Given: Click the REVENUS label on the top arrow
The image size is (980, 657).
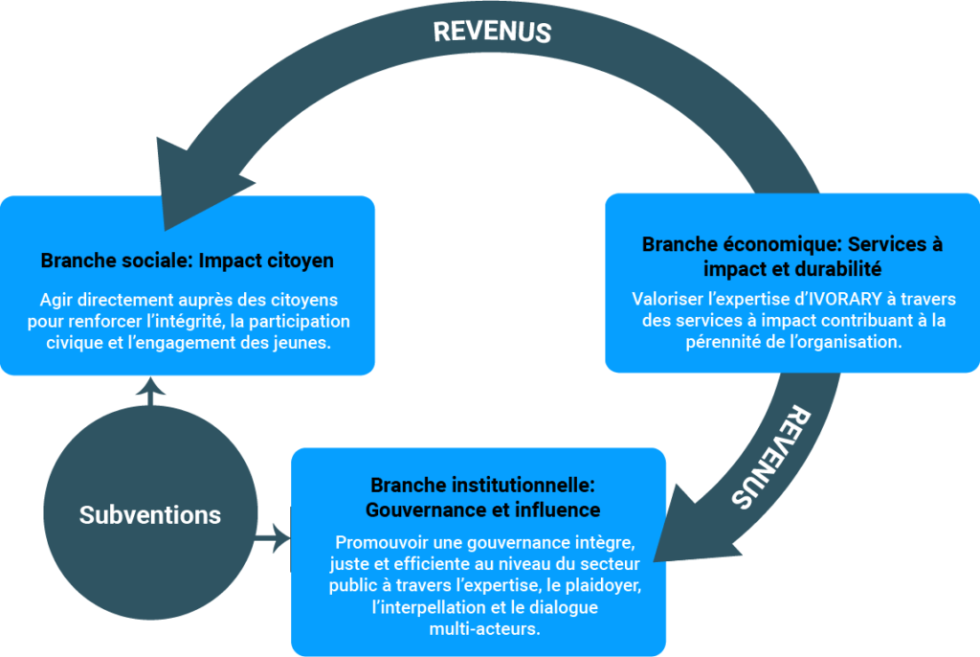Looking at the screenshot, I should click(x=492, y=31).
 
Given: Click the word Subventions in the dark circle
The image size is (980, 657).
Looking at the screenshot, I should click(x=150, y=514).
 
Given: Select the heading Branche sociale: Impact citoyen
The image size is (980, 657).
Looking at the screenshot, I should click(x=187, y=261).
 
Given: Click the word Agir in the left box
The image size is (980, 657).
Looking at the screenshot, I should click(x=56, y=300).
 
